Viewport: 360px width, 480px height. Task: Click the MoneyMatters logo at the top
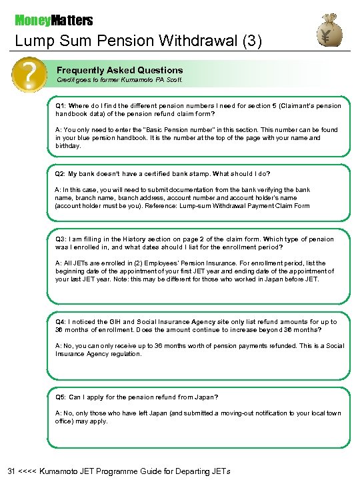click(54, 21)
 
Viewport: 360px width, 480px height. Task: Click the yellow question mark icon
click(29, 75)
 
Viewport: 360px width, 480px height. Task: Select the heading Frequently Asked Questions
click(119, 70)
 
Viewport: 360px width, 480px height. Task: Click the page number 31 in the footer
click(12, 471)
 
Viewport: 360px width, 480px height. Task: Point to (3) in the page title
click(252, 41)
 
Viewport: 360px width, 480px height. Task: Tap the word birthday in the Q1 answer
click(68, 146)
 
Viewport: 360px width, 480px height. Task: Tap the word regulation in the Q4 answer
click(123, 354)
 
